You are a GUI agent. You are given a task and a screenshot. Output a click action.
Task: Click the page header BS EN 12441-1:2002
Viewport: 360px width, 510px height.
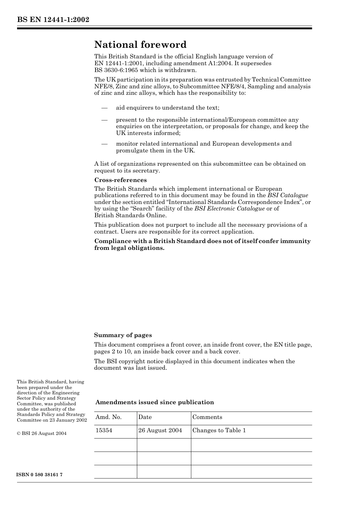(x=53, y=19)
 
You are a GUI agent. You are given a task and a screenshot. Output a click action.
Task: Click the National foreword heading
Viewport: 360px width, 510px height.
(x=140, y=45)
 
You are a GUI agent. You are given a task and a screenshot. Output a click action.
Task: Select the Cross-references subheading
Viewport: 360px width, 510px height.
(x=121, y=180)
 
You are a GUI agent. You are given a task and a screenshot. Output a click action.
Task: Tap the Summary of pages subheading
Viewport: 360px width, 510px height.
(x=123, y=335)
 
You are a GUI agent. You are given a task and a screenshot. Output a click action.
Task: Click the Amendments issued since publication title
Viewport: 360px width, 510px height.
(x=155, y=402)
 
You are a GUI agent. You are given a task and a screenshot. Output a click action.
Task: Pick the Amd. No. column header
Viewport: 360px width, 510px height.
(x=108, y=417)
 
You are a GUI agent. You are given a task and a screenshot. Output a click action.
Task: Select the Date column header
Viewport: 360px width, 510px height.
(x=145, y=417)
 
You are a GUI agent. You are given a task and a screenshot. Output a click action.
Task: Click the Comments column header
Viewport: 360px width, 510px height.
(x=207, y=417)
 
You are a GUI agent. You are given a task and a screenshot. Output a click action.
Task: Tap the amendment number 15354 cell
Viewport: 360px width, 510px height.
(x=104, y=430)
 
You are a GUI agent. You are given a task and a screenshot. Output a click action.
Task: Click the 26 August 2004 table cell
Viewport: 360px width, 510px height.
(x=160, y=430)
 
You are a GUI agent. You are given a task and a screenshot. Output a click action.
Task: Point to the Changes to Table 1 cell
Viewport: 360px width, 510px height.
(x=219, y=430)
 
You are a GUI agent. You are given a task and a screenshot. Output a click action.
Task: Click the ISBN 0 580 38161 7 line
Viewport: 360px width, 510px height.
(x=40, y=475)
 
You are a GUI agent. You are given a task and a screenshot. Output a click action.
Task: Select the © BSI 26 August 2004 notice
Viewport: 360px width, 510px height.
(x=42, y=433)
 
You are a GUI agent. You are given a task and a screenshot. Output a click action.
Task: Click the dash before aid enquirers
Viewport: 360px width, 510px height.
(x=104, y=108)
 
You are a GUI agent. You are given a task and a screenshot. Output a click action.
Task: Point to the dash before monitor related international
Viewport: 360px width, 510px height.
(x=104, y=144)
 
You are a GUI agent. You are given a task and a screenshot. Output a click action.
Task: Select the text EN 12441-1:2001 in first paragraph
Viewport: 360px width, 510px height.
(x=117, y=63)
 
